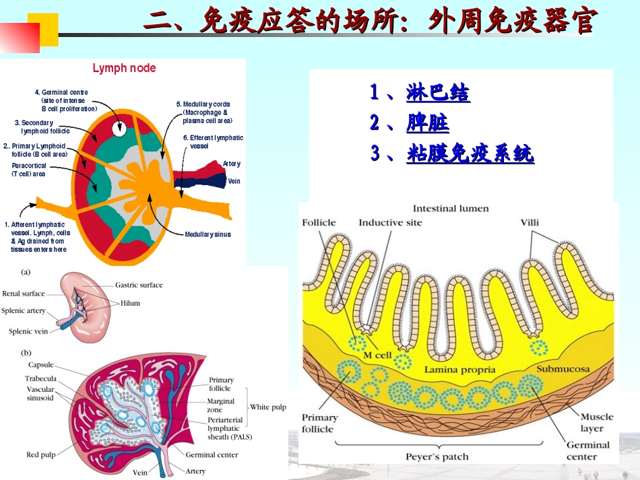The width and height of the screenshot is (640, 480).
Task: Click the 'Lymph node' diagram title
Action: pos(124,68)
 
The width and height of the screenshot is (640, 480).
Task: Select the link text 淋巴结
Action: pos(438,93)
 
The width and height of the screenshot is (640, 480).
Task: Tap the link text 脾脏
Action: pos(428,123)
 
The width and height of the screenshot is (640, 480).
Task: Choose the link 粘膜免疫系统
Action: pos(470,154)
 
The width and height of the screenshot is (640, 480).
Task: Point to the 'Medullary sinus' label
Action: pos(207,234)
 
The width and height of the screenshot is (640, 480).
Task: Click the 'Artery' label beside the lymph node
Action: pos(231,164)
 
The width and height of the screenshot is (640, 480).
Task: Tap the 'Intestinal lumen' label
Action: pos(451,209)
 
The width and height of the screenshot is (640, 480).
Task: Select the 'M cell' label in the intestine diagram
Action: pos(377,355)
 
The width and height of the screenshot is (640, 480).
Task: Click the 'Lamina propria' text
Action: pos(459,370)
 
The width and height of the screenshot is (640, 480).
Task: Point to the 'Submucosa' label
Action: pos(563,369)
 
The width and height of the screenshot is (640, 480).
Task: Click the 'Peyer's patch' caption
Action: pos(437,456)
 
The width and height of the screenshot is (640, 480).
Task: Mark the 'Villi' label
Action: pos(530,223)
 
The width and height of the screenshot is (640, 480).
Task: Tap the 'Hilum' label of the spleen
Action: pos(131,303)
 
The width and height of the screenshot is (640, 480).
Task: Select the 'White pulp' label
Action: pos(267,407)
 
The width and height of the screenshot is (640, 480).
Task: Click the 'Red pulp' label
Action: pos(41,455)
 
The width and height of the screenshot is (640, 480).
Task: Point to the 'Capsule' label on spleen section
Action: pos(41,366)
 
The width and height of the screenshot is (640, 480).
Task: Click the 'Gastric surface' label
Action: pos(139,285)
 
